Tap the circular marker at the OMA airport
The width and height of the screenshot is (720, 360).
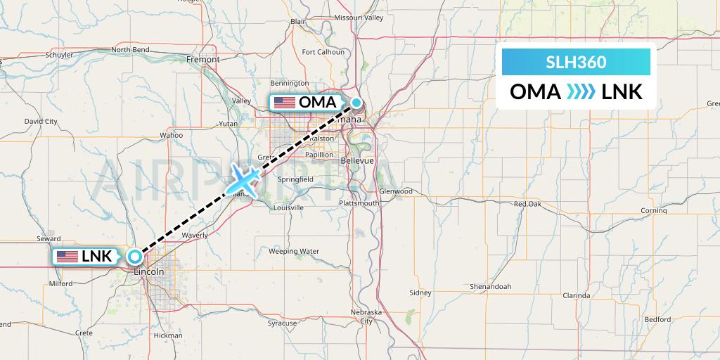coord(356,103)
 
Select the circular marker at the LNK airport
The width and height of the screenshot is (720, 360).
coord(134,256)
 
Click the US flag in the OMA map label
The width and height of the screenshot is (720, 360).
coord(285,103)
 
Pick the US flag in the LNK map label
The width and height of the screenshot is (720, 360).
coord(67,257)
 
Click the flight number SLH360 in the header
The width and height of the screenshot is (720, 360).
coord(576,62)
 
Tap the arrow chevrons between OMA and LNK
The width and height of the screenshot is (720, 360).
coord(580,92)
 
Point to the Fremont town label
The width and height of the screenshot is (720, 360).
coord(203,60)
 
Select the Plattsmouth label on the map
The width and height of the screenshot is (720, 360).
coord(359,203)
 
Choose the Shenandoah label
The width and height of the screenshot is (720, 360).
coord(491,287)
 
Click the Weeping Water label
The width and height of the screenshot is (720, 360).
coord(294,251)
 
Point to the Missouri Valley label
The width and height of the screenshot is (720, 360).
coord(359,18)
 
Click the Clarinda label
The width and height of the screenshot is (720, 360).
coord(577,296)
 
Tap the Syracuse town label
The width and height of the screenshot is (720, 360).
coord(282,323)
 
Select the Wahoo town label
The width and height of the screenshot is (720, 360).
coord(171,135)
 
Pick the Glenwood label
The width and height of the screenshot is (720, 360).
coord(395,191)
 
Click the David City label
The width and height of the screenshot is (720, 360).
coord(40,121)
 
